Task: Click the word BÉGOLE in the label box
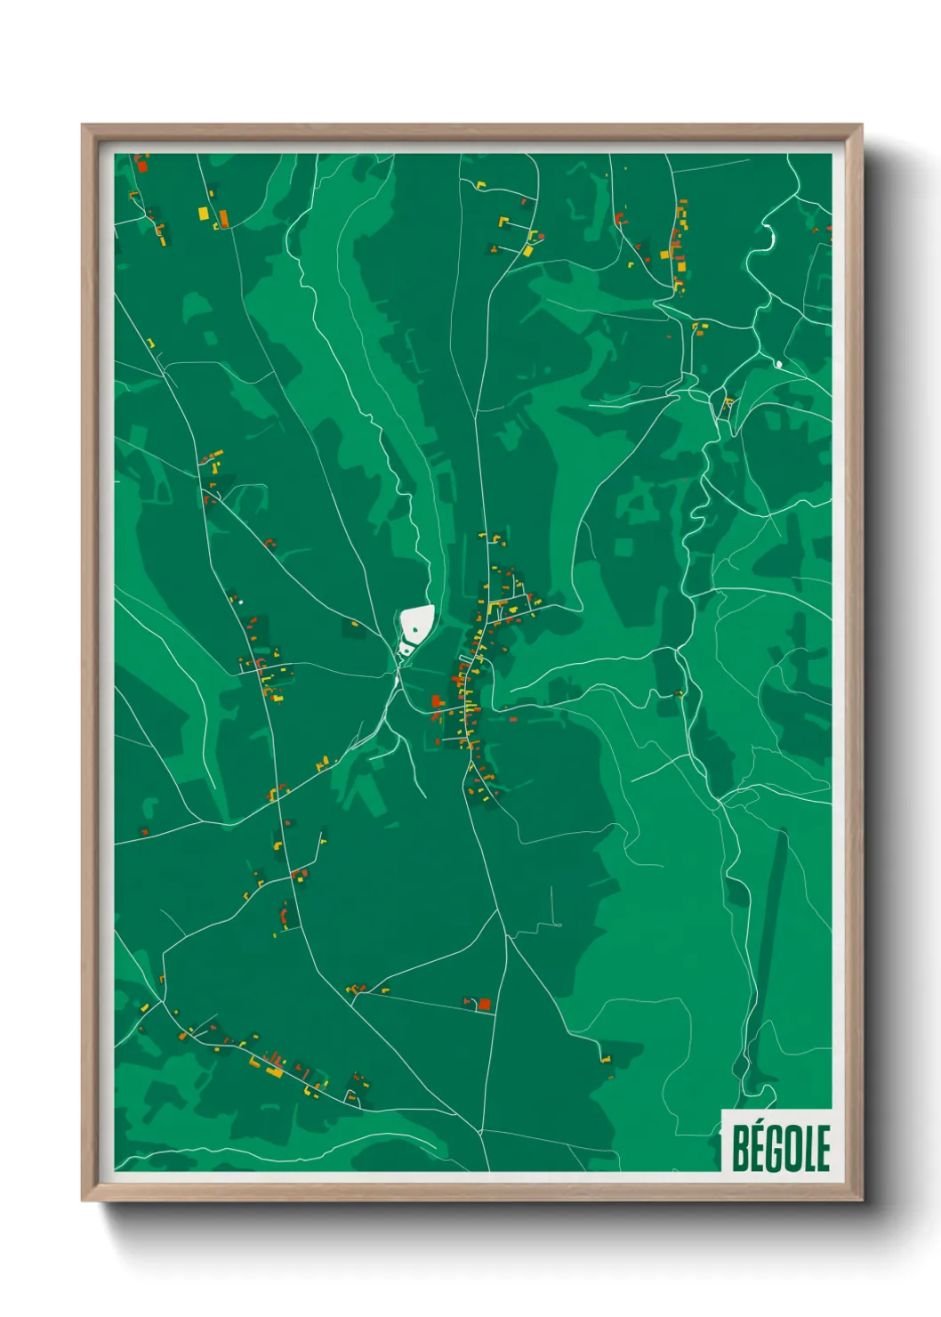(x=780, y=1148)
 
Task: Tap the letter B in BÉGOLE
(x=740, y=1149)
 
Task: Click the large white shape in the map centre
(x=416, y=622)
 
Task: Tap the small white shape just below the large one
(x=406, y=650)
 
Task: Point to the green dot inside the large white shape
(x=414, y=630)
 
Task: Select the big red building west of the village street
(x=436, y=702)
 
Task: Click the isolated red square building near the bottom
(x=485, y=1005)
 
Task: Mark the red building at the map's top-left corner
(x=141, y=165)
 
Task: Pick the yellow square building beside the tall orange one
(x=204, y=214)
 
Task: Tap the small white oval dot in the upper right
(x=779, y=364)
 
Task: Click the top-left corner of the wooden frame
(x=84, y=126)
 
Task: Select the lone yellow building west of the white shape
(x=354, y=623)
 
